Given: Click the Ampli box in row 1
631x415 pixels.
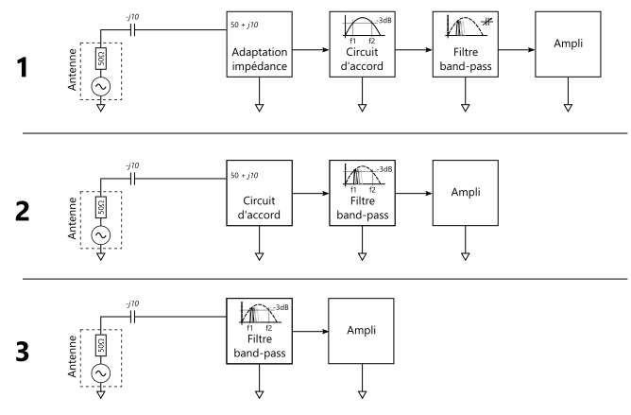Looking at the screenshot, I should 567,46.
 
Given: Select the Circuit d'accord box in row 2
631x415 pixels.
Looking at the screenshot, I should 258,195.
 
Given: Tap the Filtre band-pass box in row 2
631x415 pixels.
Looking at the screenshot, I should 362,194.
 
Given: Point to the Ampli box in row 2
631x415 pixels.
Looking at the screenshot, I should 465,192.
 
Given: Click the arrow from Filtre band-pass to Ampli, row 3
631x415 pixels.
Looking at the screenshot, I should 311,332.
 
